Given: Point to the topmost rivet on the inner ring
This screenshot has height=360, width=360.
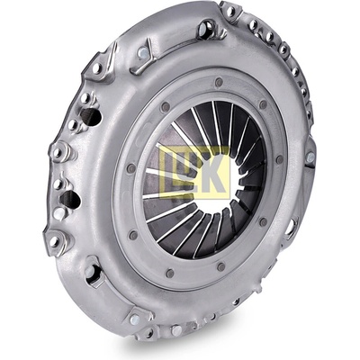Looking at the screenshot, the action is tap(219, 82).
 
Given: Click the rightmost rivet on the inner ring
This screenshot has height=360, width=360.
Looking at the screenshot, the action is tap(279, 159).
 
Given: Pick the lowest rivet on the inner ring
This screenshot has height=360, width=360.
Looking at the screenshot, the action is tap(170, 273).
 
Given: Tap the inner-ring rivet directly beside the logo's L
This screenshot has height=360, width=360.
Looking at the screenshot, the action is tap(131, 168).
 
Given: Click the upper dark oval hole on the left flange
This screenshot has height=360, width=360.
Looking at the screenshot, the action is tap(91, 117).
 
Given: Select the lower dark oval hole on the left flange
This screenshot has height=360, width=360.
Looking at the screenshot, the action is tap(70, 199).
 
